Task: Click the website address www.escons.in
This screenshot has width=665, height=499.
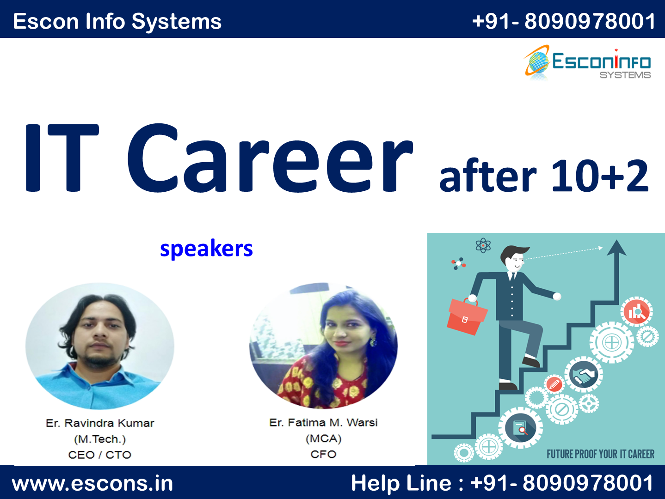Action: tap(92, 483)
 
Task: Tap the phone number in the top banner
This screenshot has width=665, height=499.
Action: tap(564, 21)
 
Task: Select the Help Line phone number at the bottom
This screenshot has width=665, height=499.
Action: tap(562, 483)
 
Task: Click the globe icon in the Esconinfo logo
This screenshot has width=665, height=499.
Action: tap(537, 62)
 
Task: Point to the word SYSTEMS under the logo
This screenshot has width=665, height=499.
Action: tap(625, 75)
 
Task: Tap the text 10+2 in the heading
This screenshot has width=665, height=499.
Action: tap(600, 176)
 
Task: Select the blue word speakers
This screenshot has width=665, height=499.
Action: tap(206, 249)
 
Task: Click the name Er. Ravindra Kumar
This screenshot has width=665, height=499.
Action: tap(100, 423)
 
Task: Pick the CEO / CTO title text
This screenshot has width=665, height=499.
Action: tap(100, 455)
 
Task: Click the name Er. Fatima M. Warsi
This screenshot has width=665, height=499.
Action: tap(323, 422)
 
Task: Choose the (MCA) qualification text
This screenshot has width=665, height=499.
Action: tap(323, 438)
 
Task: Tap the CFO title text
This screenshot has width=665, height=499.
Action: tap(323, 454)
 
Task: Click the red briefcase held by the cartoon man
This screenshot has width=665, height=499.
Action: tap(467, 315)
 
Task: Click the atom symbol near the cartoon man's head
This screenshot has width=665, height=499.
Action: tap(483, 245)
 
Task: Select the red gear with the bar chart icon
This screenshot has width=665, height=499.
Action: tap(636, 312)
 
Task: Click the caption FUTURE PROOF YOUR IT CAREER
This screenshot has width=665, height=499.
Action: tap(600, 454)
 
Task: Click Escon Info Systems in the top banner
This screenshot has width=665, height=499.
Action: tap(117, 22)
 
